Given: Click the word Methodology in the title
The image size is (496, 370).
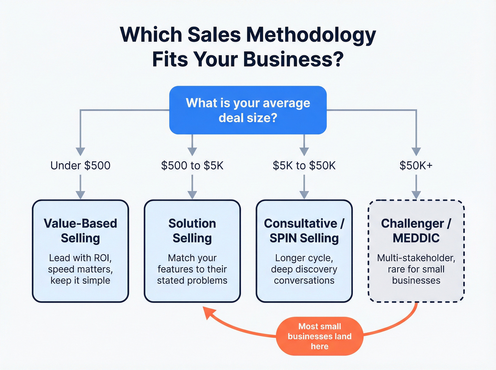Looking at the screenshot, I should tap(311, 35).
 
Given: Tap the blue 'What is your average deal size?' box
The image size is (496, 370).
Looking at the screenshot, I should tap(248, 110).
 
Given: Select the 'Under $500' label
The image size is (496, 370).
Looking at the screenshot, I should tap(80, 165).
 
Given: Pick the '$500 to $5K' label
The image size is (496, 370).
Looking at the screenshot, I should tap(192, 165).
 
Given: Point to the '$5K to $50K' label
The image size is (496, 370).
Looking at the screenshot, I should tap(304, 165).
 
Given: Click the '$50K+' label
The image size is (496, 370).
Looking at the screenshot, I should tap(416, 165).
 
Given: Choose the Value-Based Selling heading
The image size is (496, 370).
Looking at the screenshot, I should tap(80, 230).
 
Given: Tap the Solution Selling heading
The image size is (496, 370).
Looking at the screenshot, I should tap(192, 230).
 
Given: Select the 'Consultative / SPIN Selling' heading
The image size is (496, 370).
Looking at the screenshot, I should tap(304, 230).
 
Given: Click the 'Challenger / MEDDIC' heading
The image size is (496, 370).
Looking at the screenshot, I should tap(416, 230).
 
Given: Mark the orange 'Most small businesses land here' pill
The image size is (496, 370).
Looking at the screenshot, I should tap(320, 336).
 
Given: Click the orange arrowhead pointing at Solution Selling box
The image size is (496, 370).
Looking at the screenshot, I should tap(209, 313).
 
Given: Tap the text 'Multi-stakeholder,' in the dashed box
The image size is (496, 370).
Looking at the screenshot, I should tap(416, 258).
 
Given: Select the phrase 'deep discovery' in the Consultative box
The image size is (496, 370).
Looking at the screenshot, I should tap(304, 269).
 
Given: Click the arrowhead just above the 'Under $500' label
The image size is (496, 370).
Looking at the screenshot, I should tap(80, 152).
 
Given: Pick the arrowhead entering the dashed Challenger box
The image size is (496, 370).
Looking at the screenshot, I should tap(416, 195).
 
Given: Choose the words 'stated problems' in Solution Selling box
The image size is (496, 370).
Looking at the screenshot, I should tap(192, 280).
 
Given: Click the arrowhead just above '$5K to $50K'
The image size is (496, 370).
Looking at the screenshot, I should tap(304, 152).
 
